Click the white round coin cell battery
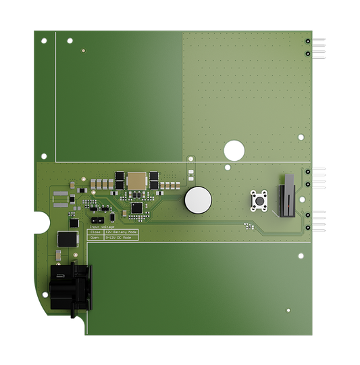pyautogui.click(x=198, y=199)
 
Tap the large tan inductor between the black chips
pyautogui.click(x=137, y=180)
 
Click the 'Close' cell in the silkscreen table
pyautogui.click(x=95, y=232)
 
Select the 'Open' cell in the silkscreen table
pyautogui.click(x=95, y=238)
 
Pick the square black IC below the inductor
pyautogui.click(x=137, y=208)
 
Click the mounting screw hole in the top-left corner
pyautogui.click(x=44, y=41)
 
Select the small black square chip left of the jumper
pyautogui.click(x=74, y=221)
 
